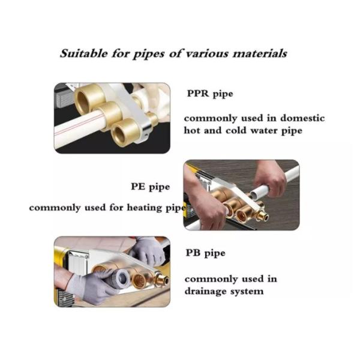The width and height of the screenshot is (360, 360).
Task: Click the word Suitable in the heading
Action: click(84, 53)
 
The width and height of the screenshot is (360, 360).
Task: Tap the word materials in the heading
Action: click(260, 54)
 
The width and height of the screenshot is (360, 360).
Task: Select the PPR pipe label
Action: click(210, 94)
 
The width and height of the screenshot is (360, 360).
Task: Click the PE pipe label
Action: click(151, 187)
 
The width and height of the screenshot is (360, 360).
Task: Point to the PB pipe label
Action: click(205, 253)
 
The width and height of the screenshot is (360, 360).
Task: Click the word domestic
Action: click(302, 118)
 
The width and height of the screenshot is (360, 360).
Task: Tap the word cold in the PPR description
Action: click(236, 130)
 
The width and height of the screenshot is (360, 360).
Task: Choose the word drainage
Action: click(205, 292)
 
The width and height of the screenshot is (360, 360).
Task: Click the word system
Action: click(247, 292)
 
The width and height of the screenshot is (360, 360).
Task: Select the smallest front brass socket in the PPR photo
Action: click(125, 133)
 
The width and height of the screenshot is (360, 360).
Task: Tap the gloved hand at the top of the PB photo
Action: click(147, 250)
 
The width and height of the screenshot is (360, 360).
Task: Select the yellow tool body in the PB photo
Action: click(60, 259)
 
